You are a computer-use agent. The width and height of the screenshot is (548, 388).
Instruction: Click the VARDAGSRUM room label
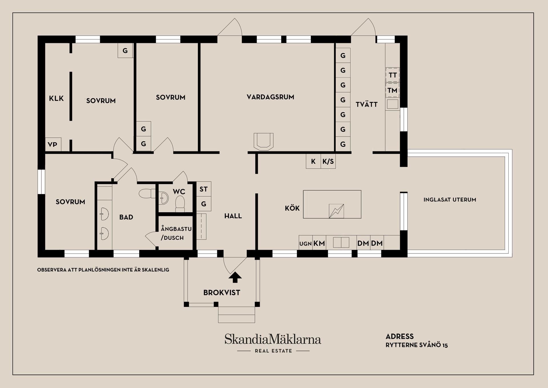coord(270,97)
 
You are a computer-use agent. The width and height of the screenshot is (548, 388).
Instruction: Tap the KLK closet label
coord(56,98)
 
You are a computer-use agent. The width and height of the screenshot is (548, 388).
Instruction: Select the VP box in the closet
coord(53,145)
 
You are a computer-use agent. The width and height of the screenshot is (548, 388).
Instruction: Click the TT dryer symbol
coord(392,75)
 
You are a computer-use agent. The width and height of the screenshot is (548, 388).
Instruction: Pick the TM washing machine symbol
coord(392,90)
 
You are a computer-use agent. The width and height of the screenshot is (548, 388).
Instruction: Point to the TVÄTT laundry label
coord(366,104)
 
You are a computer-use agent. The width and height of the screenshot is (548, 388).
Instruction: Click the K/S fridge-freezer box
coord(328,161)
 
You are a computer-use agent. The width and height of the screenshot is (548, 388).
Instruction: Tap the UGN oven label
coord(305,244)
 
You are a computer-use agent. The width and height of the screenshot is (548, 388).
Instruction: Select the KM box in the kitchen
coord(319,243)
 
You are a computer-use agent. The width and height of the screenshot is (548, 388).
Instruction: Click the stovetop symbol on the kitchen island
coord(336,211)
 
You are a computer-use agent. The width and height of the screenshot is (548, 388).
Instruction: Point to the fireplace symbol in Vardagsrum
coord(263,141)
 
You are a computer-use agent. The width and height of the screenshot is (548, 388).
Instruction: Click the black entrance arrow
coord(235,277)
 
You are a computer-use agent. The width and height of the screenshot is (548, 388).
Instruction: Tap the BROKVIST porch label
coord(221,293)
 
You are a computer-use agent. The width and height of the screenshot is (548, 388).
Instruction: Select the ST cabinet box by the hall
coord(204,189)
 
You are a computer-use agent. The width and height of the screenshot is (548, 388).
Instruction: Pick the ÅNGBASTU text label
coord(176,229)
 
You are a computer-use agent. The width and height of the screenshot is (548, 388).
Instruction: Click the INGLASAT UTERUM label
coord(450,200)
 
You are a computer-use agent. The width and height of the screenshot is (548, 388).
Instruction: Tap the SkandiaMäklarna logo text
coord(273,339)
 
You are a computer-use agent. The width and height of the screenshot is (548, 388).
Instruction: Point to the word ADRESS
coord(400,336)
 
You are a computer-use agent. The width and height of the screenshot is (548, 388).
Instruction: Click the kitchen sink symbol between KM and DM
coord(341,242)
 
